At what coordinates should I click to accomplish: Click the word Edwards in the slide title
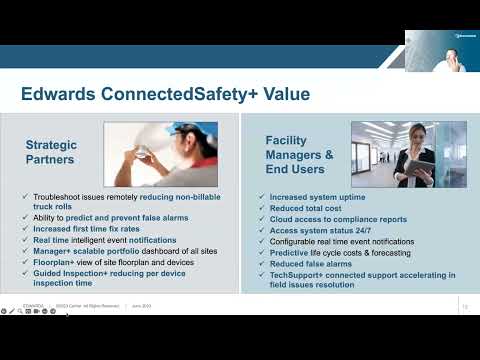(56, 95)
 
